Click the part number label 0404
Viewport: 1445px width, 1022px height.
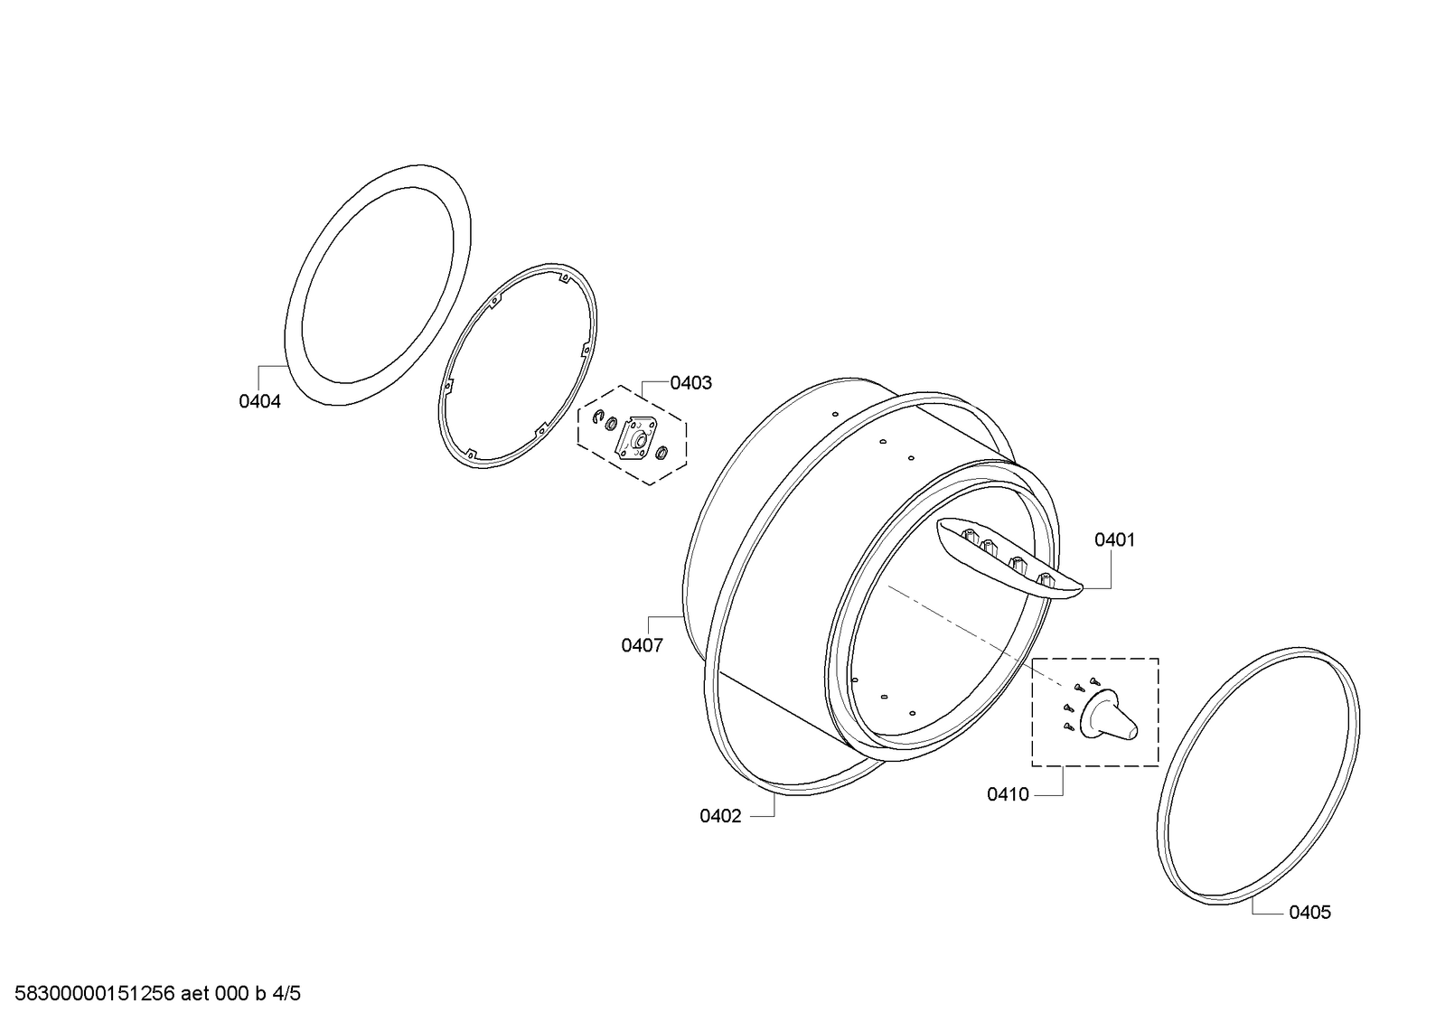point(260,401)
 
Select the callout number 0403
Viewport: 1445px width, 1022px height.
point(691,382)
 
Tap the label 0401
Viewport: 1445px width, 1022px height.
point(1115,539)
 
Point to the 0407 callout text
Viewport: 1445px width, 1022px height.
point(642,645)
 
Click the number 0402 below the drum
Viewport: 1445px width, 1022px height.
point(720,816)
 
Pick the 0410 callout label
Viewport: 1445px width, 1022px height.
point(1008,794)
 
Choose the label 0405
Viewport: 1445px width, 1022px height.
point(1310,913)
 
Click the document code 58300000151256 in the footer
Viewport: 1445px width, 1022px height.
point(94,994)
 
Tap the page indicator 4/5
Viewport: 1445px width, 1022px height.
point(286,994)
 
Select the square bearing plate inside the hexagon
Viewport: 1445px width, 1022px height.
point(637,438)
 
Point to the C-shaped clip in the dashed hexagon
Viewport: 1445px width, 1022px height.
point(598,417)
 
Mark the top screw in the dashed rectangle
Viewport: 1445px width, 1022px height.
point(1094,680)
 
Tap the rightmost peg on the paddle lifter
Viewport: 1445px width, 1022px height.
point(1045,578)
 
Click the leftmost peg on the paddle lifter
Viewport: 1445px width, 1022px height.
point(969,535)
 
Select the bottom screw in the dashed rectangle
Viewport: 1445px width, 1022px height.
point(1069,727)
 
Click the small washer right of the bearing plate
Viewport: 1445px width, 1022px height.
point(661,454)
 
